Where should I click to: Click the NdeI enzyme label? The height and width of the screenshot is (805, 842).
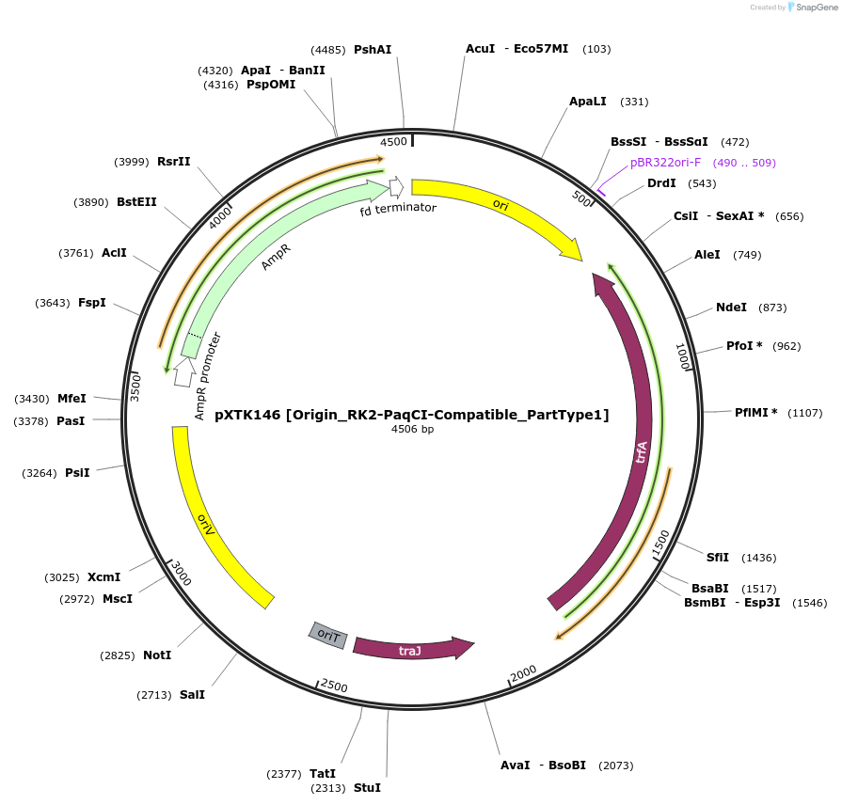click(x=731, y=308)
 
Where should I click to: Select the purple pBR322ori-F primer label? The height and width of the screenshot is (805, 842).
click(x=665, y=163)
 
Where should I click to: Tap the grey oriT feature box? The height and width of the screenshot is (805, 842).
click(x=328, y=636)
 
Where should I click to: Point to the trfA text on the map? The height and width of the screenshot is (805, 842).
click(x=642, y=452)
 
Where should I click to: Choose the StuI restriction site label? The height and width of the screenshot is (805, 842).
click(x=367, y=787)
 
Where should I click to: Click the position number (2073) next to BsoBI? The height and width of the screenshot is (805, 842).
click(x=615, y=766)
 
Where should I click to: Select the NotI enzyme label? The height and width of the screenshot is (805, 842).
click(x=157, y=655)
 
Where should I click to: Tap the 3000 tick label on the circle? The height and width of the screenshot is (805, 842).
click(x=180, y=572)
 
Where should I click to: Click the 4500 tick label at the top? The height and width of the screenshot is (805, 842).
click(x=393, y=142)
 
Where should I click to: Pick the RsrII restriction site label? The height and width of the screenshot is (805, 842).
click(x=174, y=162)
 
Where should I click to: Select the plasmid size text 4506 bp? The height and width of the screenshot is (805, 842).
click(x=412, y=430)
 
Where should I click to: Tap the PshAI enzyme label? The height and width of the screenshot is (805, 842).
click(x=373, y=50)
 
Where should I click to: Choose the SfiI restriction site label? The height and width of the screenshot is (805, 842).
click(x=718, y=558)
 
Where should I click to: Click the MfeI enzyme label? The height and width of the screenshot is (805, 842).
click(x=71, y=399)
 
